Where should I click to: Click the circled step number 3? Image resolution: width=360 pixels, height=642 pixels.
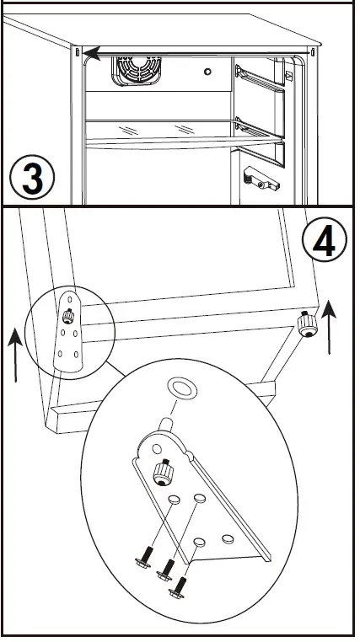(x=32, y=178)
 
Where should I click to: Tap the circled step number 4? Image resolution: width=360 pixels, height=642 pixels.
(x=325, y=240)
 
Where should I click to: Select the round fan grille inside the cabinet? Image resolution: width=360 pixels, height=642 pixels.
(x=137, y=72)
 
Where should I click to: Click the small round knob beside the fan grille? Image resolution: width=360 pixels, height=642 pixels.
(x=207, y=72)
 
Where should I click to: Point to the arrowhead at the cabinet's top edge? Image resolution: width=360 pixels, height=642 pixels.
(x=92, y=53)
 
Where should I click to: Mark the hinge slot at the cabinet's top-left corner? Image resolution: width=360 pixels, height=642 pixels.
(x=77, y=51)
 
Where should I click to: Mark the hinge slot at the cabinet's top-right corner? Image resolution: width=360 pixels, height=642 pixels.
(x=314, y=52)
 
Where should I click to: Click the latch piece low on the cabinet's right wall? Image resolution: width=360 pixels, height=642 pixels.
(x=261, y=179)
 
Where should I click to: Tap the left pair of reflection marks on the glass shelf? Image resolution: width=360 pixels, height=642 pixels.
(x=127, y=131)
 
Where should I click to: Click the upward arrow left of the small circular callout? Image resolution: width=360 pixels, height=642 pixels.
(x=15, y=354)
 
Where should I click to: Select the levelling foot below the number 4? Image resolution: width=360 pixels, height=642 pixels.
(x=307, y=324)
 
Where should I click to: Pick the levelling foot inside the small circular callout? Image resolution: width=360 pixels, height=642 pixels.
(x=68, y=316)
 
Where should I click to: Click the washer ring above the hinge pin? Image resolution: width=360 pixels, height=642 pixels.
(x=182, y=388)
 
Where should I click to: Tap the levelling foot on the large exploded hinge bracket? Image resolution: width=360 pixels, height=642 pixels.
(x=163, y=473)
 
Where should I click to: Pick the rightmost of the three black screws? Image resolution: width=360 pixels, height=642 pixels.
(x=178, y=587)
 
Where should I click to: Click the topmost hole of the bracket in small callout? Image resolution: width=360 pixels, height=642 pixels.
(x=70, y=299)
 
